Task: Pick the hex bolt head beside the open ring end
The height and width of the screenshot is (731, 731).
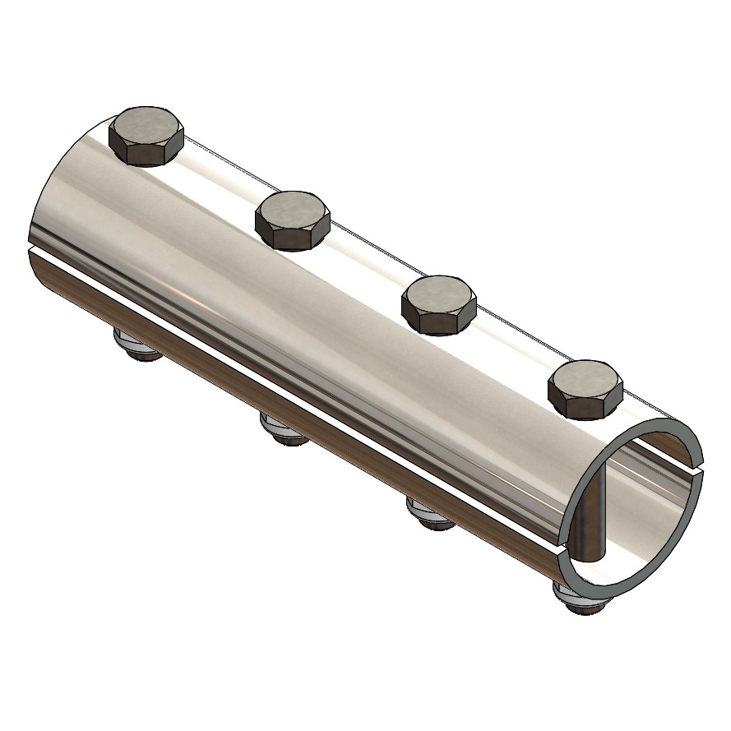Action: tap(585, 388)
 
